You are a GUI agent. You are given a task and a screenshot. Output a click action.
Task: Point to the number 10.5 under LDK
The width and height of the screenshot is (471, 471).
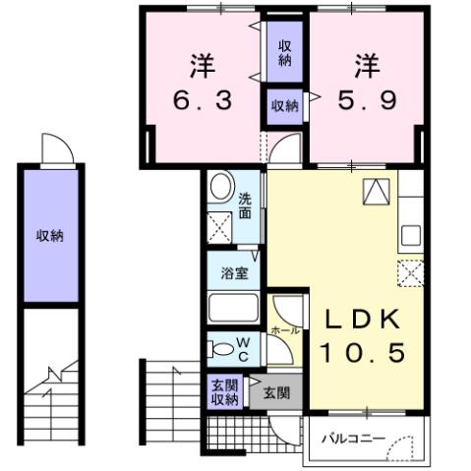(362, 352)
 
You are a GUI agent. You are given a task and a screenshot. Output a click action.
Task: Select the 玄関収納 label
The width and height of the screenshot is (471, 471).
(224, 391)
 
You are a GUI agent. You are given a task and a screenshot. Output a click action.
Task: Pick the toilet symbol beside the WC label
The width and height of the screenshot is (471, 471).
(217, 347)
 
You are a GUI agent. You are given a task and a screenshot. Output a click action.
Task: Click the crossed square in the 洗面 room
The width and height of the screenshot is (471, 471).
(219, 228)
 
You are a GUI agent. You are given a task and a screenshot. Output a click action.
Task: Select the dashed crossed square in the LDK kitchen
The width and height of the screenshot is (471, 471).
(409, 272)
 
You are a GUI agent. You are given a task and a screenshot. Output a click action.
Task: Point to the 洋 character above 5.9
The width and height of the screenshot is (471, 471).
(368, 66)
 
